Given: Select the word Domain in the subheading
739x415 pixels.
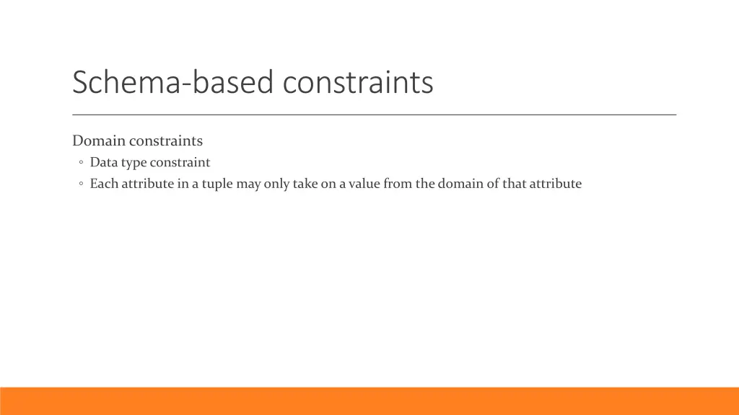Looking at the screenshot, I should point(99,140).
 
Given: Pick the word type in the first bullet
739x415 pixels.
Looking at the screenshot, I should point(134,163).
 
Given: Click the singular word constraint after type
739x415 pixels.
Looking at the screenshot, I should point(180,163).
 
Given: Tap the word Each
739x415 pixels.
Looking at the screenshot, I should point(104,184).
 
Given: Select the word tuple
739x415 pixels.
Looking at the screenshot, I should point(217,184).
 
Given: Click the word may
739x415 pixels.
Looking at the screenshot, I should point(248,184).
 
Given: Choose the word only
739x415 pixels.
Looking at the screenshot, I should point(276,184).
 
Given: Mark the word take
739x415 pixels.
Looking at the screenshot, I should point(305,184).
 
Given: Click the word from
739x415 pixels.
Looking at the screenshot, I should point(398,184).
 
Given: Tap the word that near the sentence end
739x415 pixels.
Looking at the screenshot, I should point(515,184).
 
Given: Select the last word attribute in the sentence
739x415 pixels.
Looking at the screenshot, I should point(556,184).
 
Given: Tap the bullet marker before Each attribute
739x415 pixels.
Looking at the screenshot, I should point(81,184).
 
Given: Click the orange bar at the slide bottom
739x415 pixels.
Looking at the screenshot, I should point(369,401).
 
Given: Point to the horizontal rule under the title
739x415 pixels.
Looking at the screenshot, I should point(374,115).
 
